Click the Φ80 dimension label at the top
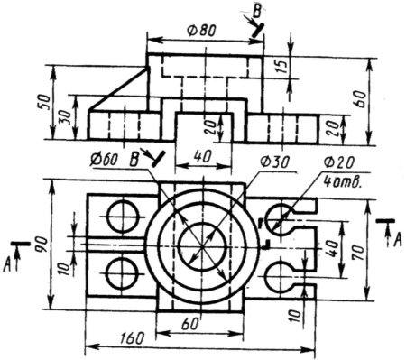[201, 31]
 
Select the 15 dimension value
[281, 64]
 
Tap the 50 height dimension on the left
[44, 102]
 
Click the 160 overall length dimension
[132, 338]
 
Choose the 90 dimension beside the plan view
[42, 245]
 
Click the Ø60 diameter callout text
[104, 159]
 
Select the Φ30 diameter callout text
[275, 162]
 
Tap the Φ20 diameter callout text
[339, 162]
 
